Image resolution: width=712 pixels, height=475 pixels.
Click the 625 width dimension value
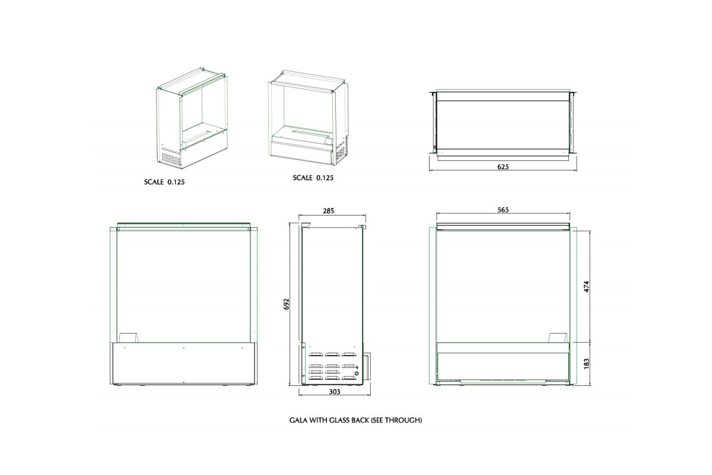[x=503, y=167]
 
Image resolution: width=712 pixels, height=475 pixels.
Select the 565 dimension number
[x=503, y=210]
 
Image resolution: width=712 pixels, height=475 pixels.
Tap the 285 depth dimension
[x=329, y=211]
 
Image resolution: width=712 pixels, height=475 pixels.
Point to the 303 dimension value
[x=335, y=392]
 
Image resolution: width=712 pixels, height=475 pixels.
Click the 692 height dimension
[x=287, y=304]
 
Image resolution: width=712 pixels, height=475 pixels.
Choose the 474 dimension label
[x=587, y=286]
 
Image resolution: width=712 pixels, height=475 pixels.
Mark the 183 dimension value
[x=587, y=363]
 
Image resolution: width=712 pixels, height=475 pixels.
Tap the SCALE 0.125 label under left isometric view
[x=164, y=182]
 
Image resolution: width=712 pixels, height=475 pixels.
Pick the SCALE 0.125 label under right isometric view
[x=313, y=178]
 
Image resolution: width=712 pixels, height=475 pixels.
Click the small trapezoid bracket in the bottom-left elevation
[x=129, y=338]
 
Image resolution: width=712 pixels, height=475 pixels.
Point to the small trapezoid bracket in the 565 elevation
[x=558, y=338]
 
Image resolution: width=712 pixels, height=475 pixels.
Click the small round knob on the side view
[x=357, y=373]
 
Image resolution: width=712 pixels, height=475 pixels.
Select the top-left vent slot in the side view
[x=315, y=354]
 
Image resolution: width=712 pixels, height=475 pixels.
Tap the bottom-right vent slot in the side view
[x=349, y=378]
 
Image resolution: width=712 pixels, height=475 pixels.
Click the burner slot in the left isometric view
[x=198, y=136]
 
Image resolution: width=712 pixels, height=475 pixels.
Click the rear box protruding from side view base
[x=367, y=365]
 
